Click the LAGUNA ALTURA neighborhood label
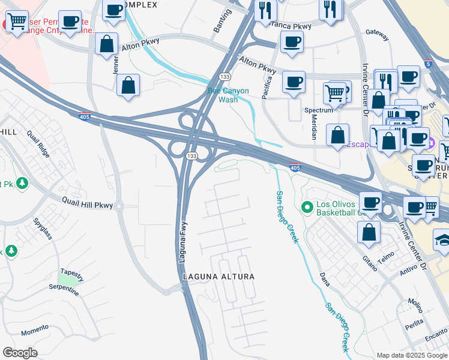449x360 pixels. point(218,277)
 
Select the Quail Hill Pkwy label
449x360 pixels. point(88,205)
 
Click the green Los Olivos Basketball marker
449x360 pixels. point(308,208)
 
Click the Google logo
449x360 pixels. point(20,353)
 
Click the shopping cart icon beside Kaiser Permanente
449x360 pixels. point(16,22)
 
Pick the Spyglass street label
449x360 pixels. point(43,229)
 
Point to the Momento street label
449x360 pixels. point(34,329)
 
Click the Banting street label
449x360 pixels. point(221,20)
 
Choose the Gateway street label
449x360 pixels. point(378,35)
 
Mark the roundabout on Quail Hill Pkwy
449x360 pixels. point(119,206)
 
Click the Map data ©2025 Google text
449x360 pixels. point(411,355)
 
